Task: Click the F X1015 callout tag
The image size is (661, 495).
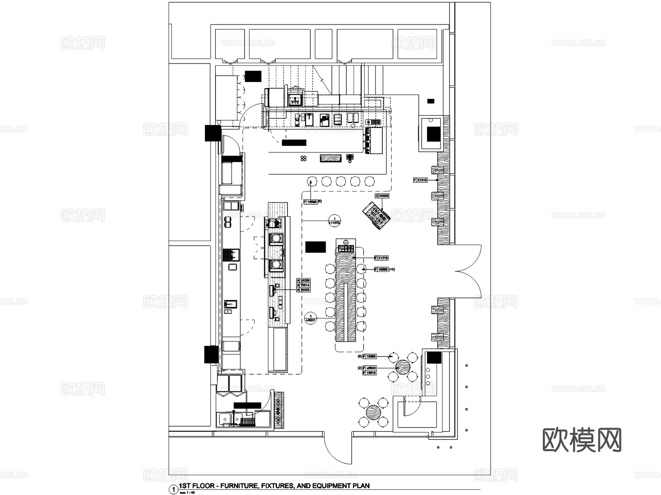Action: pos(420,180)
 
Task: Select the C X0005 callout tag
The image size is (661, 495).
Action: pos(382,196)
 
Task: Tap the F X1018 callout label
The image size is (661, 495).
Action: pos(381,258)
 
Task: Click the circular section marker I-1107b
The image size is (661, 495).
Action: pos(334,220)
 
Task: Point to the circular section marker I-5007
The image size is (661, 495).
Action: pos(311,318)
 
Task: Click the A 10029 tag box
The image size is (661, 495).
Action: pos(303,281)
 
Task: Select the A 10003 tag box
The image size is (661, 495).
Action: pos(303,290)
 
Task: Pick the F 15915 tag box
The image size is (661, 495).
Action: pos(369,373)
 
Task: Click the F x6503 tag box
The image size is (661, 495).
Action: pos(369,368)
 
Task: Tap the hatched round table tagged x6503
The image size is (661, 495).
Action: pos(403,367)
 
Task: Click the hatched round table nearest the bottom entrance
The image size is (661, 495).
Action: pos(373,413)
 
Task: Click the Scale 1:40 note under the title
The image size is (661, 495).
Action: pos(187,492)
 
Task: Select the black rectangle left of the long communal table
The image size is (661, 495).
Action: pos(315,247)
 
